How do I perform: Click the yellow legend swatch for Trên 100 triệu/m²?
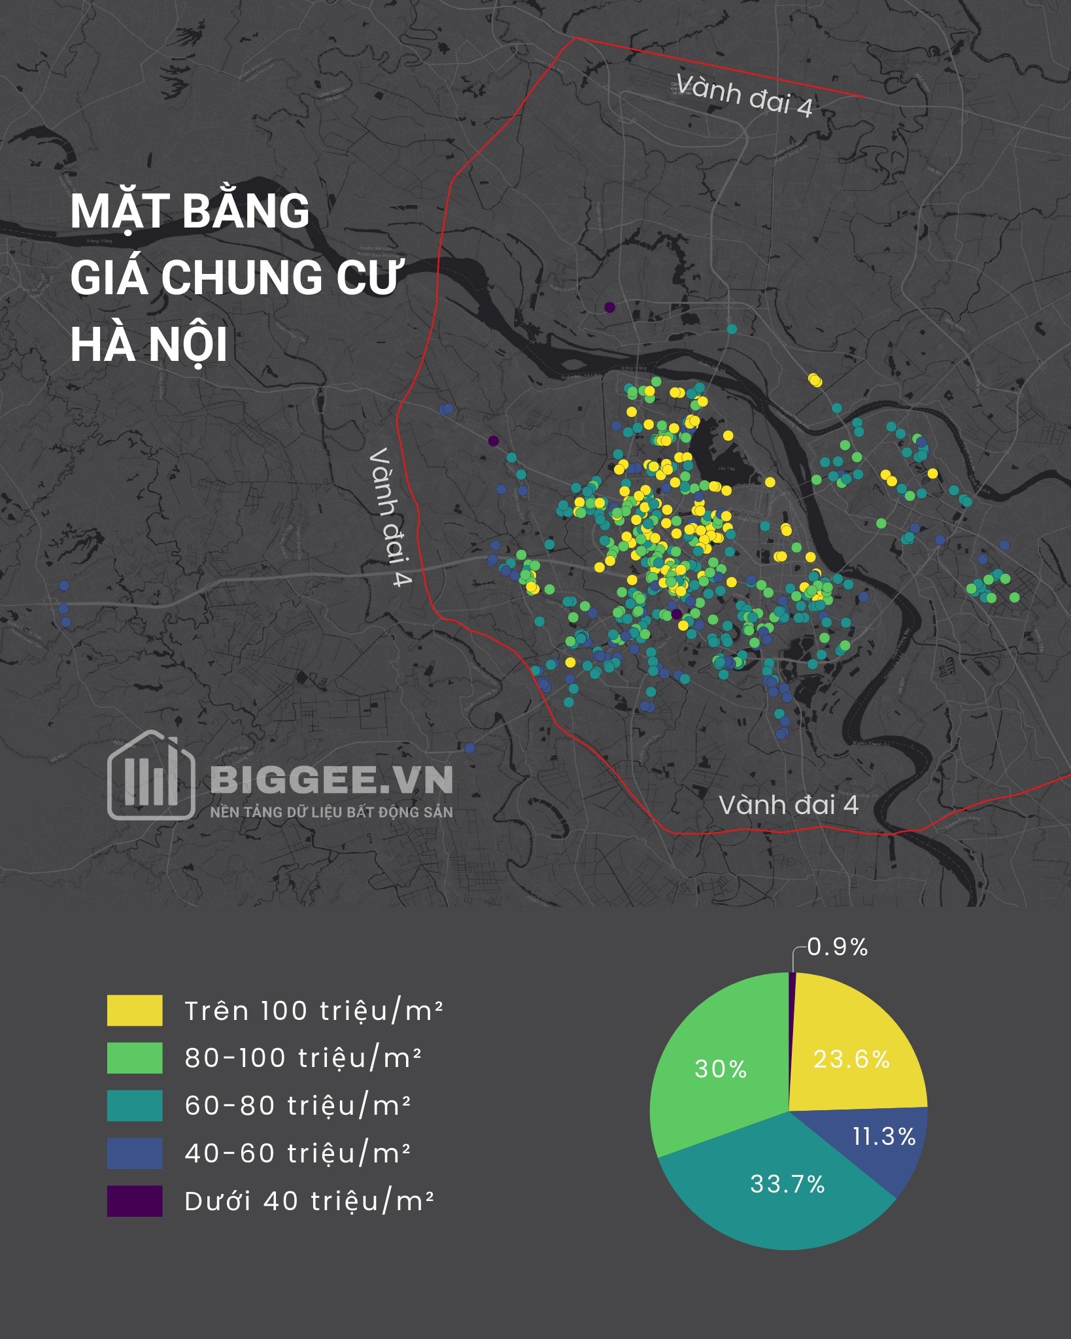tap(135, 1010)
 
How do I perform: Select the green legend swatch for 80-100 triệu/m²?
tap(135, 1058)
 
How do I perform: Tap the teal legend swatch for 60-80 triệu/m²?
tap(135, 1106)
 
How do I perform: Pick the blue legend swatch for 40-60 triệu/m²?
tap(135, 1153)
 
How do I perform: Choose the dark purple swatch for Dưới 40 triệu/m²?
tap(135, 1201)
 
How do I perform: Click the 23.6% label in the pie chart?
tap(851, 1059)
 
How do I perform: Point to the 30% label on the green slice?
tap(721, 1069)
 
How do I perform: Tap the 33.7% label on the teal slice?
tap(787, 1183)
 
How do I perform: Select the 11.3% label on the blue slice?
tap(884, 1136)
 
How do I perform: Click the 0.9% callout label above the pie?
tap(838, 947)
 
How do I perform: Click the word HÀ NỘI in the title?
tap(149, 345)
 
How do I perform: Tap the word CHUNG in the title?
tap(243, 277)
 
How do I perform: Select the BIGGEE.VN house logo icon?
tap(151, 775)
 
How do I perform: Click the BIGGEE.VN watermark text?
tap(331, 779)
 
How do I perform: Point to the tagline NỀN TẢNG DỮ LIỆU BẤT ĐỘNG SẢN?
tap(331, 812)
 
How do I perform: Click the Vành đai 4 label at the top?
tap(744, 95)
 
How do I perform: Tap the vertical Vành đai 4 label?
tap(390, 517)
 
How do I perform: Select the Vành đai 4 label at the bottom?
tap(789, 805)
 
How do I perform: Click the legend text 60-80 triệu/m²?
tap(297, 1106)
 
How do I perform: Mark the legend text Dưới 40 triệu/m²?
tap(309, 1201)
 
